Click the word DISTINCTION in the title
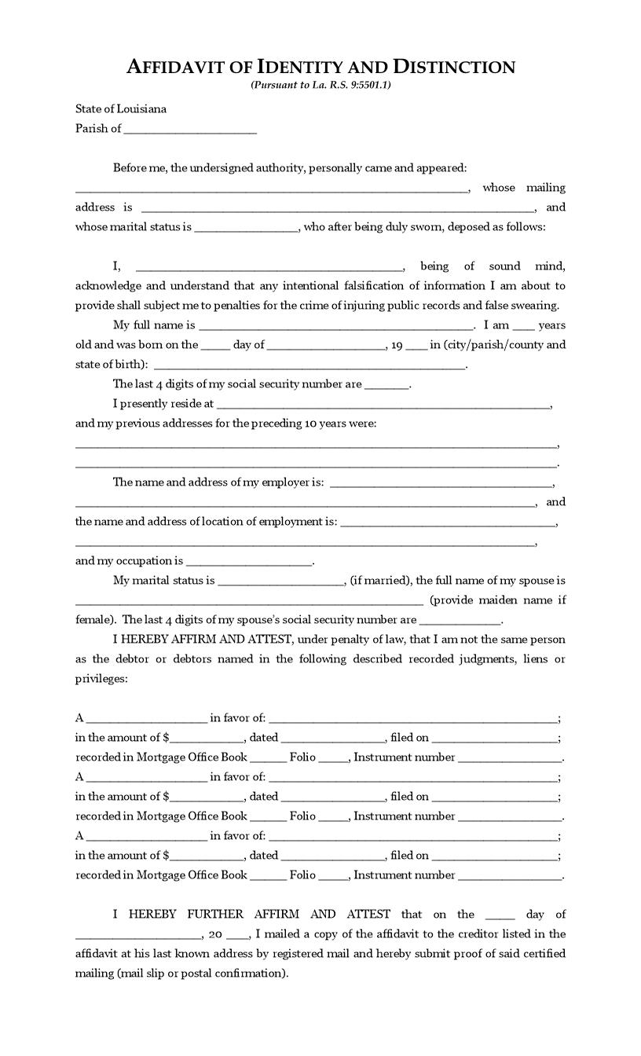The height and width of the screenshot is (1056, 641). pos(454,67)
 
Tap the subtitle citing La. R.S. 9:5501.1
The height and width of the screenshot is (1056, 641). pos(320,85)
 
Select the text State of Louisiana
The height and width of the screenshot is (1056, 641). pos(121,108)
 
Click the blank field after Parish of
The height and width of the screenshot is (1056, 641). pos(190,130)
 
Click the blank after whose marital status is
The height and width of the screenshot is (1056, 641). pos(246,228)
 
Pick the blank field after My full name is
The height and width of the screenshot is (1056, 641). pos(335,326)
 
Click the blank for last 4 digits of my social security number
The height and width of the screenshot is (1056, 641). pos(387,385)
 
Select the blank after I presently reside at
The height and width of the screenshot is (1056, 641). pos(383,405)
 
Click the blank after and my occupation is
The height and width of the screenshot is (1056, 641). pos(249,562)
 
